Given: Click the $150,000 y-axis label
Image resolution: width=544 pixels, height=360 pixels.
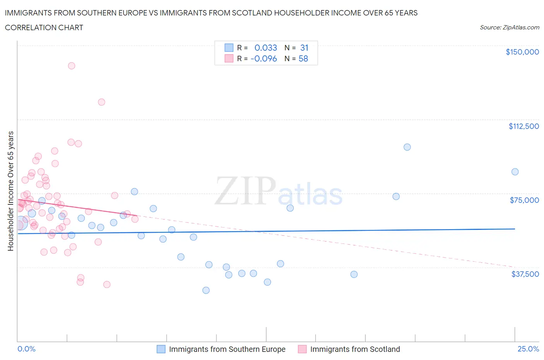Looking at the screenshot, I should [522, 52].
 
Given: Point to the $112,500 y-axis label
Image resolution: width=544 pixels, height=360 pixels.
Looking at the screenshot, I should [523, 126].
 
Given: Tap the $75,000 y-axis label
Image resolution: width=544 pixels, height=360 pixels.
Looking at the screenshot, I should [524, 200].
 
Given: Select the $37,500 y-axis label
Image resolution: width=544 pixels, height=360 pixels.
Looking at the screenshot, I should [525, 274].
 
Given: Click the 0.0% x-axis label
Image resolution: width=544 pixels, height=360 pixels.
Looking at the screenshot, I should [26, 349].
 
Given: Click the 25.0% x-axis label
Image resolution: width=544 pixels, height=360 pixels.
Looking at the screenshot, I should [528, 349].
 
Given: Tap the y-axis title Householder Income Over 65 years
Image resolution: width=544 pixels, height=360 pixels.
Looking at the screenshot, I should [10, 191].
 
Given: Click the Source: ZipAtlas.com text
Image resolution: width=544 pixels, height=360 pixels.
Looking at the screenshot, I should [509, 27].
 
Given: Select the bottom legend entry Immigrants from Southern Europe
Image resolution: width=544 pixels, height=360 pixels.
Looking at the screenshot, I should [227, 349].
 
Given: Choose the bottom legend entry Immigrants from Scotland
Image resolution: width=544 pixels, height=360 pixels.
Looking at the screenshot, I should [355, 349].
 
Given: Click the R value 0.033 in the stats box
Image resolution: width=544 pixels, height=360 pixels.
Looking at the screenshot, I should [265, 48].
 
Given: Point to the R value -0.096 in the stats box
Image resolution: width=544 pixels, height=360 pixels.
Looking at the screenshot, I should [264, 58].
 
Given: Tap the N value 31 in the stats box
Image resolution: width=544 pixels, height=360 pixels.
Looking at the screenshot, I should [304, 48].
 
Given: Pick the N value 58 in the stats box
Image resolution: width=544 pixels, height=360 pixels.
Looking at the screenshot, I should [303, 58].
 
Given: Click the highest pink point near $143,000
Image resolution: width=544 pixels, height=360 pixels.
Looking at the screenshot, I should [71, 66].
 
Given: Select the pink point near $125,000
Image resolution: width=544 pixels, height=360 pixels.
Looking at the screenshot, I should [101, 102].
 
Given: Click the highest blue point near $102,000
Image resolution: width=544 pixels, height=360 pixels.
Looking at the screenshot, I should [407, 147].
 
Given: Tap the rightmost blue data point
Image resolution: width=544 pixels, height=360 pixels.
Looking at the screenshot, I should [515, 172].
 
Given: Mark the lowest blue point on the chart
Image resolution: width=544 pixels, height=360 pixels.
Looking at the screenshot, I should [206, 290].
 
